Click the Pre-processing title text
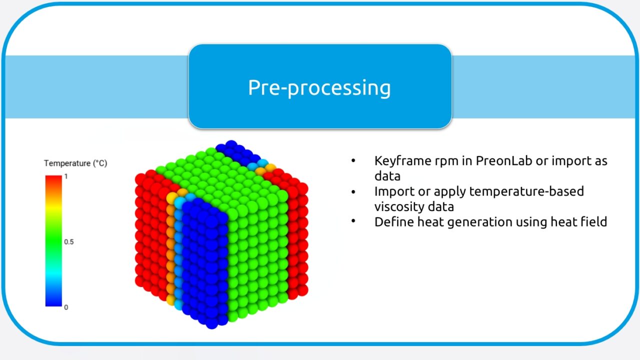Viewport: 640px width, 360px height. [x=319, y=87]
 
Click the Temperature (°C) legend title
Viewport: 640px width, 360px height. [x=75, y=163]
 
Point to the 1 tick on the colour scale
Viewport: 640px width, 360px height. [x=65, y=177]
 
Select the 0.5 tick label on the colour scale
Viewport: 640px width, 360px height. [x=68, y=242]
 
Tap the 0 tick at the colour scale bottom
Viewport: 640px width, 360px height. [x=66, y=307]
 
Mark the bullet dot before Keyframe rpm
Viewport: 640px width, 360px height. [x=353, y=161]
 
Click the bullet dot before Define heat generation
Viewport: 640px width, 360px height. [x=353, y=221]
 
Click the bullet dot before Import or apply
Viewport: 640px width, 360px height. [x=353, y=191]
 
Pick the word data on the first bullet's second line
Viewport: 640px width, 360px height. [x=387, y=176]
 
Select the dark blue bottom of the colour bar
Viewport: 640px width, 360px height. [x=53, y=299]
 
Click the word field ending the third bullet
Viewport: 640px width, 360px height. [x=593, y=221]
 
